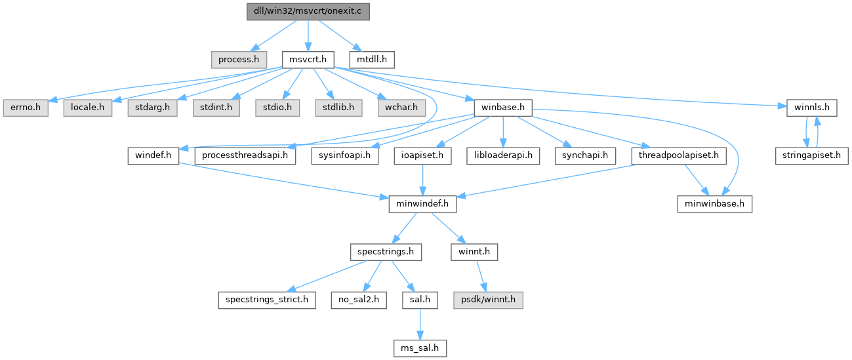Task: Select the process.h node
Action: (239, 59)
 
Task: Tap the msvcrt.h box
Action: (308, 59)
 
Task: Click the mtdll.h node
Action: (371, 59)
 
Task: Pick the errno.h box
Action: (25, 107)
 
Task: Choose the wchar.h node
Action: (397, 107)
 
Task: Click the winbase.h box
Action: (502, 107)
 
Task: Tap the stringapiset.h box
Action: (811, 155)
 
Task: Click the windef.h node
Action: (153, 155)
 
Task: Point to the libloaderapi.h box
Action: (502, 155)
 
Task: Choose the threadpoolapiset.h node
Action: (679, 155)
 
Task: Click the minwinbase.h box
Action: (714, 203)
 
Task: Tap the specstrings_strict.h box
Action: (266, 300)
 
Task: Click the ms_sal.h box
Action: (419, 348)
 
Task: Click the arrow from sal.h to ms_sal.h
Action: (419, 324)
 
